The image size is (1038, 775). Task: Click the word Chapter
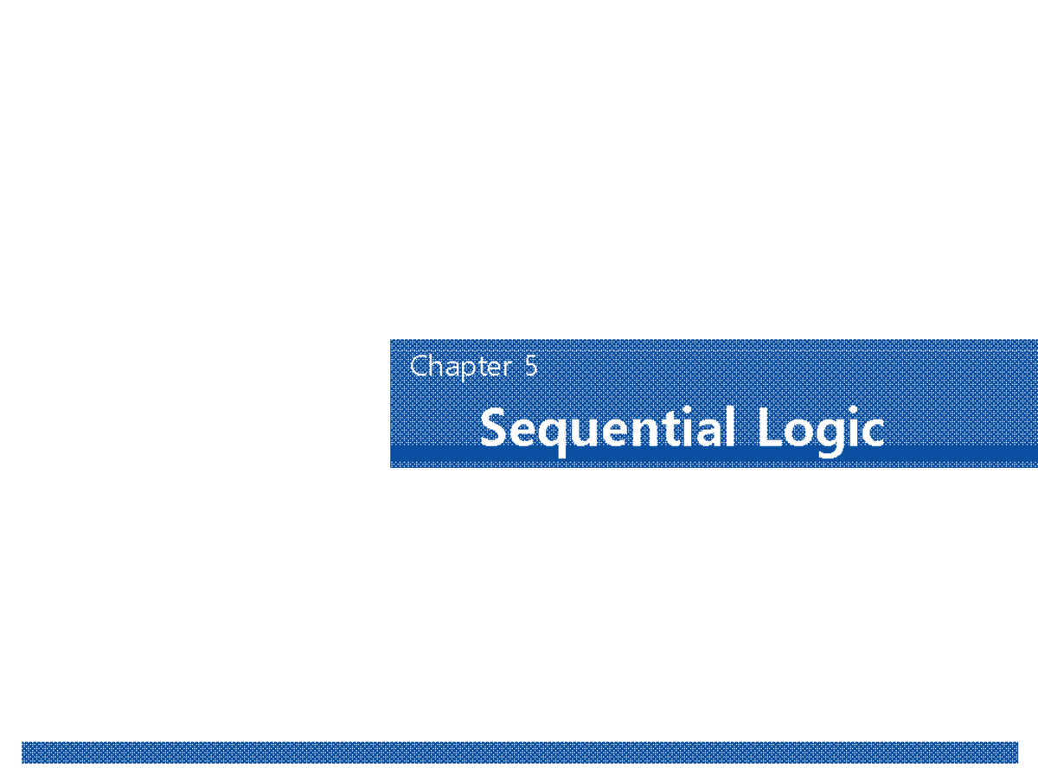(460, 367)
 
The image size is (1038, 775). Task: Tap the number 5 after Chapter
(530, 367)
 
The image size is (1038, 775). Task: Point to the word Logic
(820, 429)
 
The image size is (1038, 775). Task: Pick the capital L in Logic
(771, 428)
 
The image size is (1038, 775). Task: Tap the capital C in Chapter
(420, 367)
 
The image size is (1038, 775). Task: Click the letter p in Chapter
(468, 369)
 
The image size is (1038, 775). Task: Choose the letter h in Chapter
(437, 366)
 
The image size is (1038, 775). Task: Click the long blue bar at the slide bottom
(519, 752)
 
